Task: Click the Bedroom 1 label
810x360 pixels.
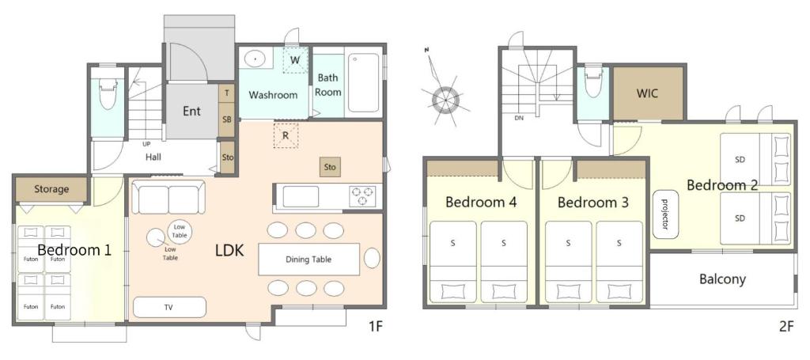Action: pos(74,251)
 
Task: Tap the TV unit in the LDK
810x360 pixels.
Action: pos(169,307)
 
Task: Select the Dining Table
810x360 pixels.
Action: pos(309,259)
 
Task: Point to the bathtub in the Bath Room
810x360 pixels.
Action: pos(364,83)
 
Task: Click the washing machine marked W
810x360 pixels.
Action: pos(294,60)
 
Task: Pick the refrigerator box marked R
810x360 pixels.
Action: pos(285,135)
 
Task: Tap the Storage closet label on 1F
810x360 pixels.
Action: pos(51,189)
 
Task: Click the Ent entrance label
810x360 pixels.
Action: pos(191,112)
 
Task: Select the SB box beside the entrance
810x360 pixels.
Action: pos(226,120)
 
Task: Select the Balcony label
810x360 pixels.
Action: pos(722,279)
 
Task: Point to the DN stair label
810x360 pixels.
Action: pos(519,118)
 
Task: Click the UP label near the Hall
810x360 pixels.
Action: pos(147,144)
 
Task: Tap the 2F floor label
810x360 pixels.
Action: pos(785,325)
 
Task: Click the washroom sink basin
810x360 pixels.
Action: pos(255,59)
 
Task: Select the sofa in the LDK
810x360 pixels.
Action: pos(168,198)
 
